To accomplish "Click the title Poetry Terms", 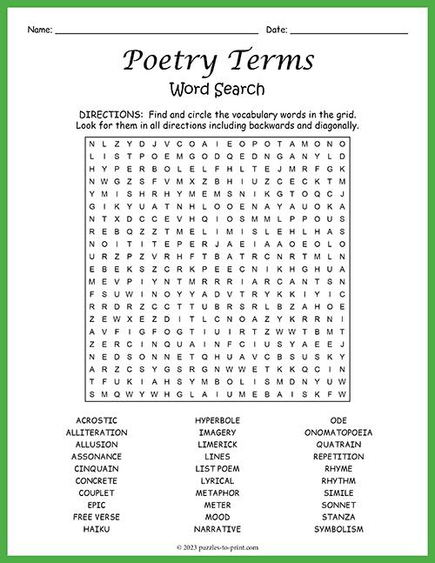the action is point(217,61).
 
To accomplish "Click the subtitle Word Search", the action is point(217,89).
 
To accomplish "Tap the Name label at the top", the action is point(38,30).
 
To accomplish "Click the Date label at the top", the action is point(276,30).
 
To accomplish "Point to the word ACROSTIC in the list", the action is point(97,420).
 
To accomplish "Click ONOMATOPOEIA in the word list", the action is point(338,432).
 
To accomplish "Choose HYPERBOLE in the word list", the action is point(217,420).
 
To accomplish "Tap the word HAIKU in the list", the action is point(97,529).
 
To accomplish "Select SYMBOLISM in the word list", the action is point(338,529).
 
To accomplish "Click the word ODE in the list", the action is point(338,420).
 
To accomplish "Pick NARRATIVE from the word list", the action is point(217,529).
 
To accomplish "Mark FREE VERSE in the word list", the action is point(97,517).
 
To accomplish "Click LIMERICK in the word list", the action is point(217,445).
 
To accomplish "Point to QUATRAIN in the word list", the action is point(338,445).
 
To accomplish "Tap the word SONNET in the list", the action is point(338,505).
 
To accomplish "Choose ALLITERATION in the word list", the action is point(97,432).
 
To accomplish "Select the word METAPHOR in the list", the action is point(217,493).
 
